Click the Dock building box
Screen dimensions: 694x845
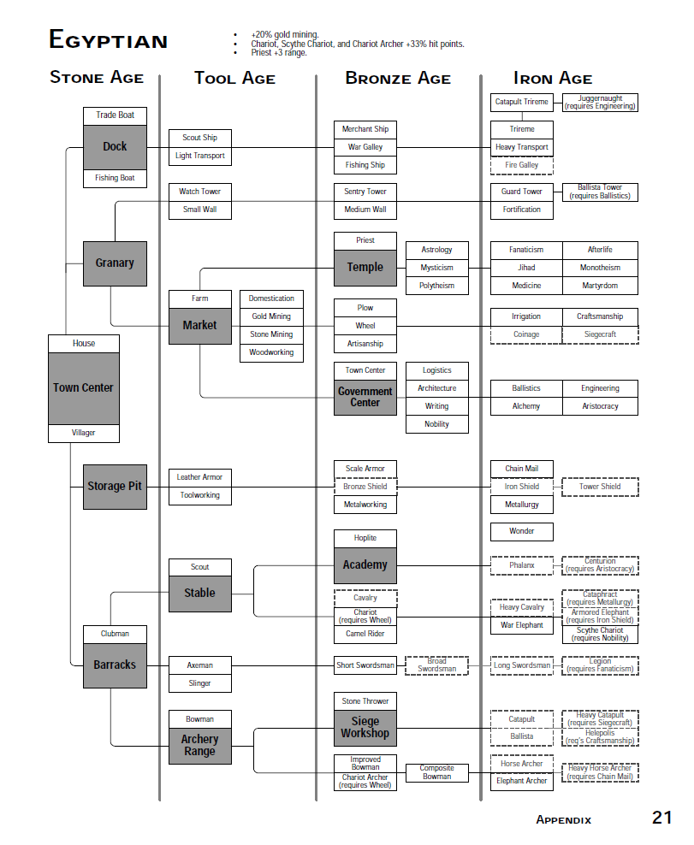pos(115,147)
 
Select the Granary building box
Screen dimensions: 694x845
pos(115,263)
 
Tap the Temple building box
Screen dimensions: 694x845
pos(365,268)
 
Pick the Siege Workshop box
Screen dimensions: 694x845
pos(365,728)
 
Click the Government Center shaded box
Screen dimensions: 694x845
pos(365,397)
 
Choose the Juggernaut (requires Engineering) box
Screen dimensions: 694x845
pos(600,103)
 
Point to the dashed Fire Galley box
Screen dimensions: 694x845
pos(522,165)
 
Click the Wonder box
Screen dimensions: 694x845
pos(522,532)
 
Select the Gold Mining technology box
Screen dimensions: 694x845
pos(271,316)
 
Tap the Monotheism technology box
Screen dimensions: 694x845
pos(600,268)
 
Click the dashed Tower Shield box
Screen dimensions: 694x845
pos(600,487)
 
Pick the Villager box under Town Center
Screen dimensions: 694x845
pos(84,434)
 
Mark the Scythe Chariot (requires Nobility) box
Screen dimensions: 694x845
pos(600,635)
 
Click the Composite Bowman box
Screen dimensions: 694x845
pos(436,773)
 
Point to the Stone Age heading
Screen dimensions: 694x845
pos(97,78)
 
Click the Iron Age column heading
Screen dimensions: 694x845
pos(553,79)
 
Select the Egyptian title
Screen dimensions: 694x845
pos(109,40)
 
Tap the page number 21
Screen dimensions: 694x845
pos(661,818)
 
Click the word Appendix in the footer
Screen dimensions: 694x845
pos(564,820)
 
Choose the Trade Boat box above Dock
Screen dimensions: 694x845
pos(115,115)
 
